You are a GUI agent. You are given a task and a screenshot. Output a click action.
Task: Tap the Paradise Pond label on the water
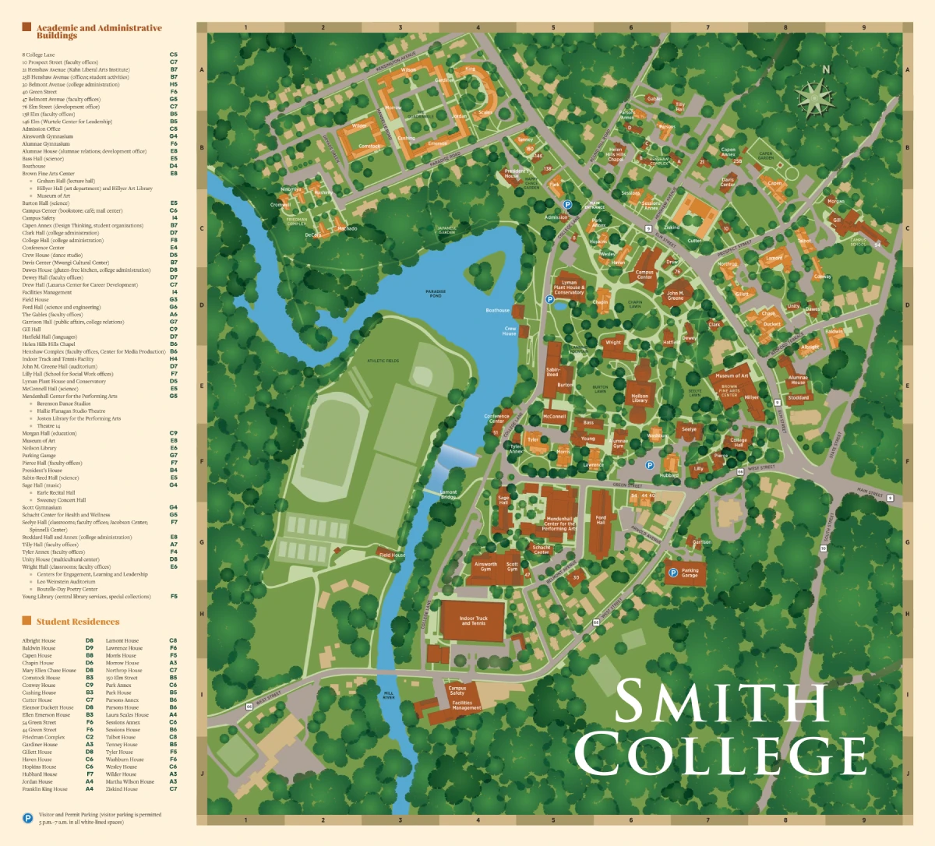click(x=436, y=294)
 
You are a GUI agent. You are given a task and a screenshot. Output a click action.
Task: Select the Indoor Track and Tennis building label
click(x=473, y=621)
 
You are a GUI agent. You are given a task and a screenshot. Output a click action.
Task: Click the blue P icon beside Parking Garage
click(x=672, y=573)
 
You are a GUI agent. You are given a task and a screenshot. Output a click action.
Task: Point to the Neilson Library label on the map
click(x=640, y=398)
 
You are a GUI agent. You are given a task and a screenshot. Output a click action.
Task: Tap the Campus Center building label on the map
click(x=644, y=275)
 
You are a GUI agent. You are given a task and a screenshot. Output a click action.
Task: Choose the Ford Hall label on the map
click(x=601, y=519)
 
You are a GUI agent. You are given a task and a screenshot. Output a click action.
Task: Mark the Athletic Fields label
click(x=383, y=361)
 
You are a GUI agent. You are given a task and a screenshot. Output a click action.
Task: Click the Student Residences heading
click(x=77, y=622)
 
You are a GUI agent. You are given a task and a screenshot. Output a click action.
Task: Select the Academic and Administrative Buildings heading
click(x=98, y=31)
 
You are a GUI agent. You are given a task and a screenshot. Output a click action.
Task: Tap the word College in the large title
click(x=721, y=755)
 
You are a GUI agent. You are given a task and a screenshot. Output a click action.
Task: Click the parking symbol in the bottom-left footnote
click(x=27, y=818)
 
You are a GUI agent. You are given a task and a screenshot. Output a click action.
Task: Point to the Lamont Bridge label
click(x=449, y=494)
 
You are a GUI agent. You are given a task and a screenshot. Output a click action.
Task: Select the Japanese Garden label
click(x=446, y=231)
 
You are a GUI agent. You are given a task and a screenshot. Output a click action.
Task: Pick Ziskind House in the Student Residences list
click(x=122, y=789)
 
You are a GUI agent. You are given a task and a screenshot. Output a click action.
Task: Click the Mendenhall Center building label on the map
click(x=559, y=522)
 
